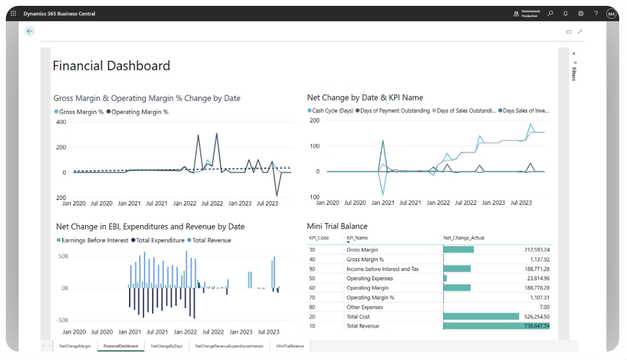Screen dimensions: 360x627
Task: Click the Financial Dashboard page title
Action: point(111,66)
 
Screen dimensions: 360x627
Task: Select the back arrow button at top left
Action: point(29,31)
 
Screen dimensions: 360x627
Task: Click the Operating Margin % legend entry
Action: point(140,112)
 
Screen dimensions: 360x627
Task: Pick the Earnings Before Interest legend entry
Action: point(91,240)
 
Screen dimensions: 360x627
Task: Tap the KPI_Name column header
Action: point(357,238)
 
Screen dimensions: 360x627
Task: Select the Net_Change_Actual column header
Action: point(464,238)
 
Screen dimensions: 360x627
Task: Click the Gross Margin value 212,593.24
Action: point(532,250)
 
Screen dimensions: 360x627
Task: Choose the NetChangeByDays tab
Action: point(167,346)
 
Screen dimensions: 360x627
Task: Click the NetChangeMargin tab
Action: point(75,346)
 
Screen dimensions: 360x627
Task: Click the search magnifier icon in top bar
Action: point(550,14)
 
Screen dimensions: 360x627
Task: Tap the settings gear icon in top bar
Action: point(580,14)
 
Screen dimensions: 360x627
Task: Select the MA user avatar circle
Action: point(611,14)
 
